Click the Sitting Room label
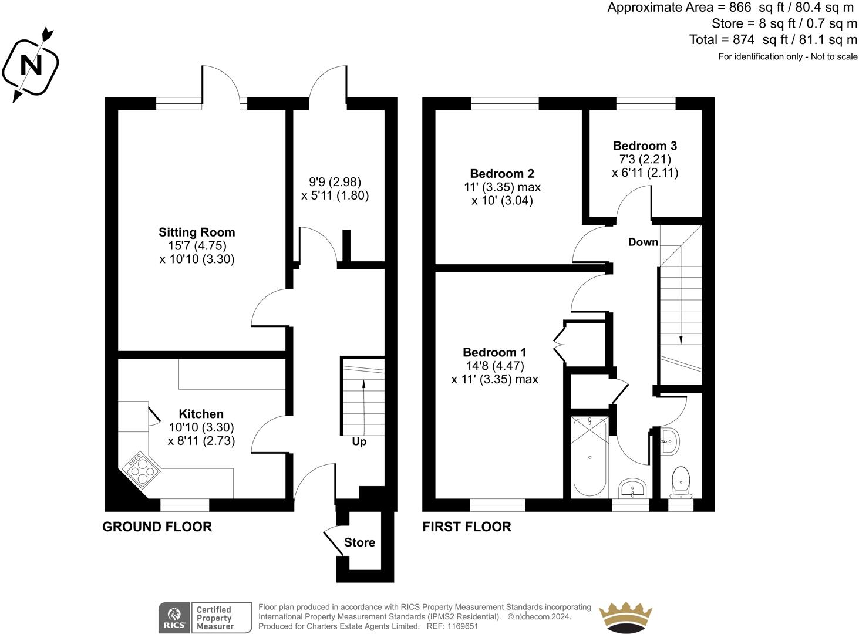(197, 232)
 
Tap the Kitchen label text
(201, 414)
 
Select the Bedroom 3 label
(645, 146)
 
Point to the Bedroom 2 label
(502, 174)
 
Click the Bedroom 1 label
(494, 352)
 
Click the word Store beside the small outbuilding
(359, 542)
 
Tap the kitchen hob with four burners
(142, 470)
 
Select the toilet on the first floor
(681, 483)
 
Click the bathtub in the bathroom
(589, 457)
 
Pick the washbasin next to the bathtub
(632, 488)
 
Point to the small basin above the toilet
(671, 441)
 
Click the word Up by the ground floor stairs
(359, 442)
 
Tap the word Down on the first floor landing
(643, 242)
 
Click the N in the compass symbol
(31, 65)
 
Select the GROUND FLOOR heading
(157, 527)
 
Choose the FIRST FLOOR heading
(467, 527)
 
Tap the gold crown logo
(625, 618)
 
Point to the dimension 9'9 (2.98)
(335, 181)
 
